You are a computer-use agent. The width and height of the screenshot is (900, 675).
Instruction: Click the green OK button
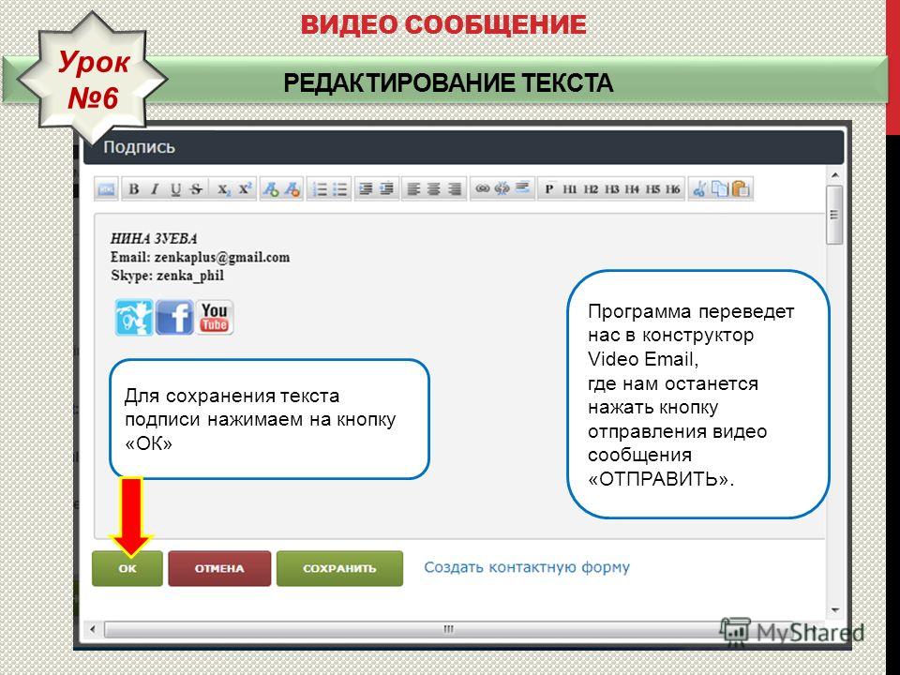click(127, 568)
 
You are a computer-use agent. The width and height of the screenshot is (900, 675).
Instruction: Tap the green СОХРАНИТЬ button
click(339, 568)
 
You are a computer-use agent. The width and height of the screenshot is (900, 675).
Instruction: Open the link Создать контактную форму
click(527, 567)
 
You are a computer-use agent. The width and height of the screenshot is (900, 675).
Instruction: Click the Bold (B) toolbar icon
click(134, 188)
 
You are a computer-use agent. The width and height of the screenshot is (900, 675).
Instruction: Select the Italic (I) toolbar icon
click(155, 188)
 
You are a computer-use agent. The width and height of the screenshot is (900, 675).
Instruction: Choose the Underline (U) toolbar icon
click(175, 188)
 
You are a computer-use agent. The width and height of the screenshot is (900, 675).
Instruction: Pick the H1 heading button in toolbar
click(569, 188)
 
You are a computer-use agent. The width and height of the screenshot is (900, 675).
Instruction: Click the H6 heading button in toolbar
click(673, 188)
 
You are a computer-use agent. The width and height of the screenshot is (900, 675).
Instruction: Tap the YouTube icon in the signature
click(215, 317)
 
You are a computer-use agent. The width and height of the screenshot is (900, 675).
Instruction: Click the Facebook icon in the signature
click(174, 317)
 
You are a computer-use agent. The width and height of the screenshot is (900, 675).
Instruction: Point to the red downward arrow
click(131, 516)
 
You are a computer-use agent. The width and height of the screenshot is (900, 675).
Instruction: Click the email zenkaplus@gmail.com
click(222, 257)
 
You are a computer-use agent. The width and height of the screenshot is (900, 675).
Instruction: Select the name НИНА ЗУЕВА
click(154, 239)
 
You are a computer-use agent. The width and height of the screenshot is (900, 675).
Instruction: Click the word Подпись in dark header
click(139, 147)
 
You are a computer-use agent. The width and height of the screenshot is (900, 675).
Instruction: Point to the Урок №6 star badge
click(92, 79)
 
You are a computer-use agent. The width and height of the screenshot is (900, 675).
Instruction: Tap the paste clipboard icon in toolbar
click(741, 188)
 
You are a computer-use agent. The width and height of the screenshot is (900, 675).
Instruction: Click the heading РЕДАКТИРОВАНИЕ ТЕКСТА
click(448, 83)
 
